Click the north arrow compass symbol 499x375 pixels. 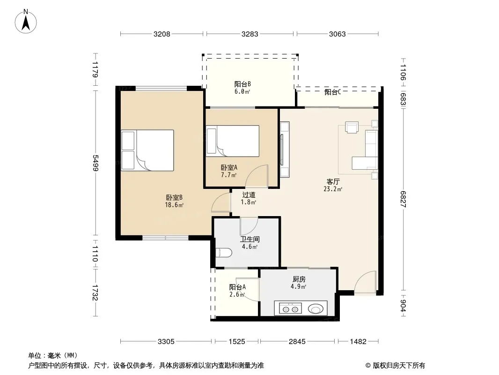[x=26, y=22]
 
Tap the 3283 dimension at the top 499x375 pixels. [x=250, y=34]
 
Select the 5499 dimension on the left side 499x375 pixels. [x=95, y=163]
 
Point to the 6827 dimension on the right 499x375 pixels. [x=403, y=199]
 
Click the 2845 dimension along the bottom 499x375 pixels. [x=297, y=342]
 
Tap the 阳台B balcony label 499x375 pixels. [x=242, y=88]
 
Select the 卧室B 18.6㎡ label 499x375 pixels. [x=174, y=201]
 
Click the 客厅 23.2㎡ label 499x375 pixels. [x=333, y=185]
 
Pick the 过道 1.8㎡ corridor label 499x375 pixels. [x=249, y=198]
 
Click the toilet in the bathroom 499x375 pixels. [x=224, y=253]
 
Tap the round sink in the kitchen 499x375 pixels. [x=316, y=308]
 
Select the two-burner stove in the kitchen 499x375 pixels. [x=290, y=308]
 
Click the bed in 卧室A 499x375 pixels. [x=233, y=141]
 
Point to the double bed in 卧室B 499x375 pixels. [x=147, y=150]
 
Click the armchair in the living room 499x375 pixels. [x=352, y=127]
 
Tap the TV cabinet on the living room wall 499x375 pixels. [x=285, y=149]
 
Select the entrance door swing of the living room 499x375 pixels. [x=366, y=282]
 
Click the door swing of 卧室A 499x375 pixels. [x=257, y=176]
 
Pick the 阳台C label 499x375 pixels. [x=333, y=92]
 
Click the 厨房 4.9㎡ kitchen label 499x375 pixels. [x=299, y=283]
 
